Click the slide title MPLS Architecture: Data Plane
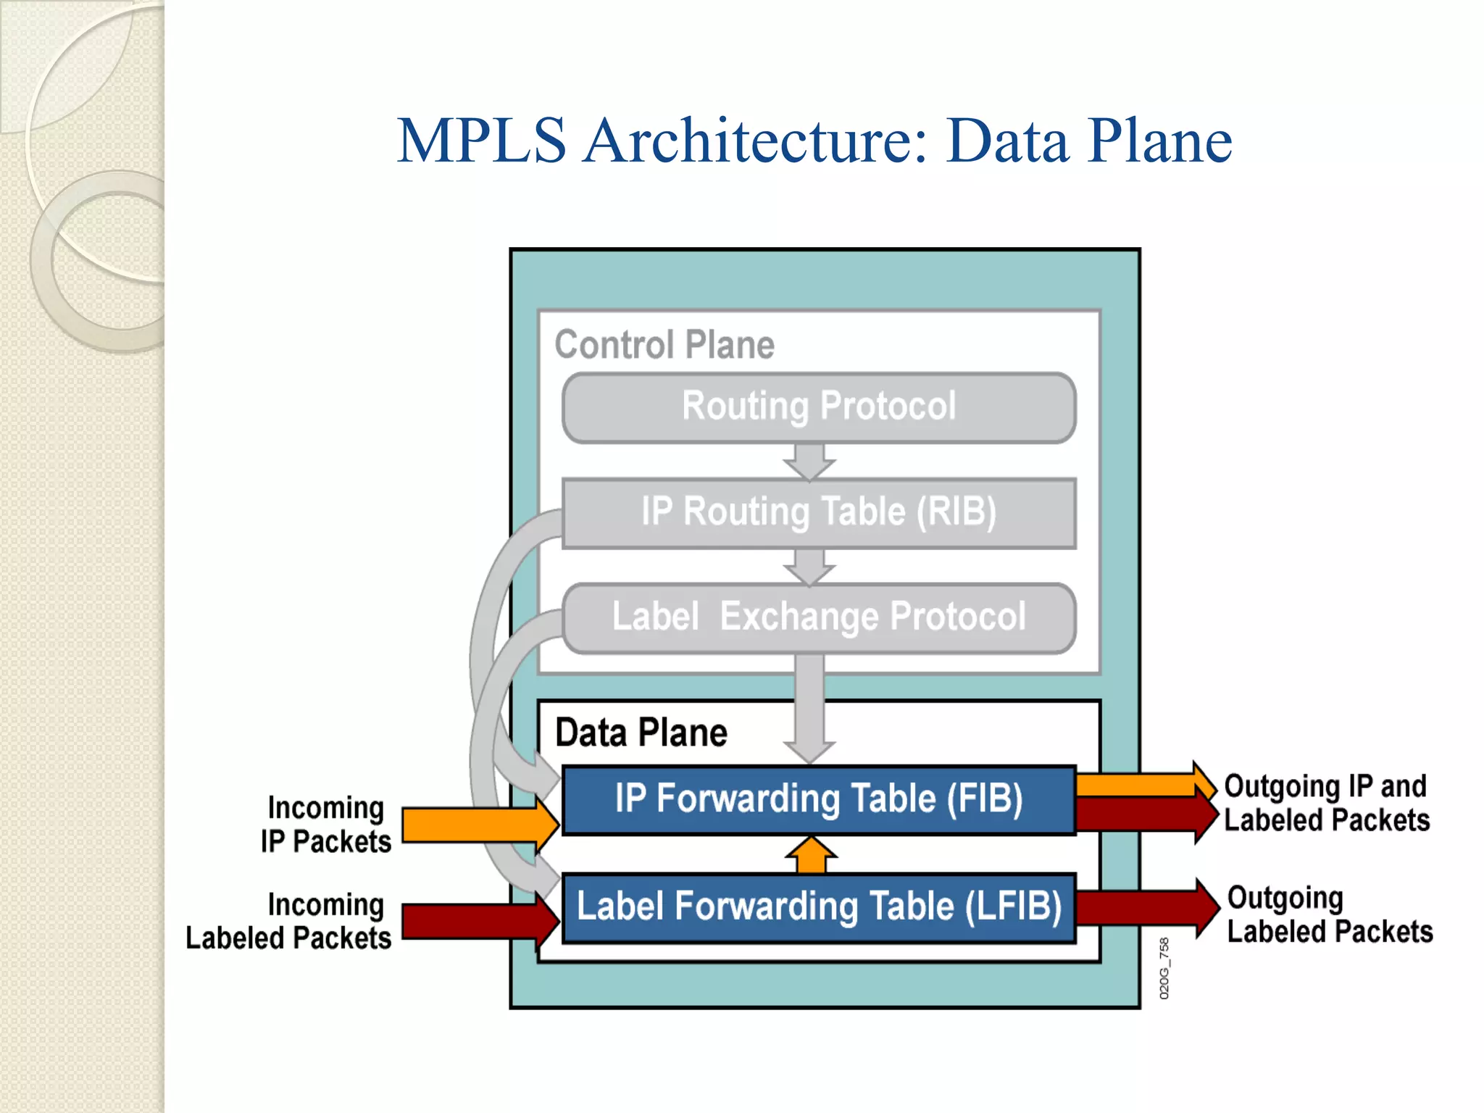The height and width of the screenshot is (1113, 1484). pyautogui.click(x=814, y=141)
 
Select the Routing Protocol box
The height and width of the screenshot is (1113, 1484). pyautogui.click(x=819, y=407)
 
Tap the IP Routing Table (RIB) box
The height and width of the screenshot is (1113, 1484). pyautogui.click(x=819, y=512)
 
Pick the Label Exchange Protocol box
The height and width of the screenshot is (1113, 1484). pyautogui.click(x=819, y=617)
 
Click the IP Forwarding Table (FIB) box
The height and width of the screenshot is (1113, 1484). pyautogui.click(x=819, y=799)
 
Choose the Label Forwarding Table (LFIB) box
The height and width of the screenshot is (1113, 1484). pyautogui.click(x=819, y=907)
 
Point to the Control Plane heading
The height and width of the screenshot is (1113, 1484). pyautogui.click(x=664, y=345)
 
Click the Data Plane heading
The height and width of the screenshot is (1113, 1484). pyautogui.click(x=641, y=733)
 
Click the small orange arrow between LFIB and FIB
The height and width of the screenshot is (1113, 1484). pyautogui.click(x=811, y=855)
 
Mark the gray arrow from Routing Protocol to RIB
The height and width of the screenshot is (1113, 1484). pyautogui.click(x=809, y=461)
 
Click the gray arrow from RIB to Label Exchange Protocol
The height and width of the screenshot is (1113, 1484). pyautogui.click(x=809, y=566)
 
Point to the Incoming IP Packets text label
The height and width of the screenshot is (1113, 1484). pyautogui.click(x=326, y=825)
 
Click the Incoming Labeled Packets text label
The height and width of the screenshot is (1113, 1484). pyautogui.click(x=290, y=922)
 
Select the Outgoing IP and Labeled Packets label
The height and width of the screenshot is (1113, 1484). pyautogui.click(x=1326, y=803)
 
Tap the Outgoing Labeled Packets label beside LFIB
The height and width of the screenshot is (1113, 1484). pyautogui.click(x=1330, y=914)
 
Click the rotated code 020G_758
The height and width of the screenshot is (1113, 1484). pyautogui.click(x=1164, y=968)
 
